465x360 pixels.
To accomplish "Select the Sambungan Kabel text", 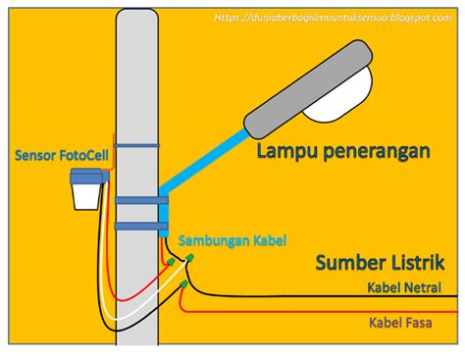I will pos(232,239).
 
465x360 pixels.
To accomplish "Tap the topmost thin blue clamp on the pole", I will pos(137,146).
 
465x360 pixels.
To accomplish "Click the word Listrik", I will pos(409,263).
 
